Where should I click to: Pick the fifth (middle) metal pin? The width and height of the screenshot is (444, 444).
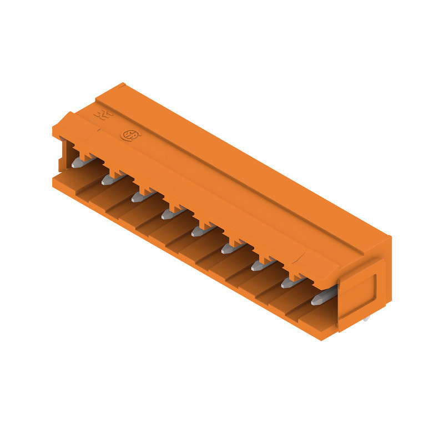pos(200,230)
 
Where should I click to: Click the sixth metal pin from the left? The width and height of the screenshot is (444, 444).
pos(230,248)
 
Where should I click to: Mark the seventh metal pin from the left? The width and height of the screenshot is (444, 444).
pos(259,265)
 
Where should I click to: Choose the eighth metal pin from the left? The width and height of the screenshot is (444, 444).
pos(289,282)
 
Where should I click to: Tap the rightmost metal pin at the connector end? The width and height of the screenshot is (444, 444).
pos(321,299)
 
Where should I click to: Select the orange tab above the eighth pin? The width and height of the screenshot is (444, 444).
pos(296,274)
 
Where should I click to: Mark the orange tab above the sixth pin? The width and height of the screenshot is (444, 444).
pos(236,239)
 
